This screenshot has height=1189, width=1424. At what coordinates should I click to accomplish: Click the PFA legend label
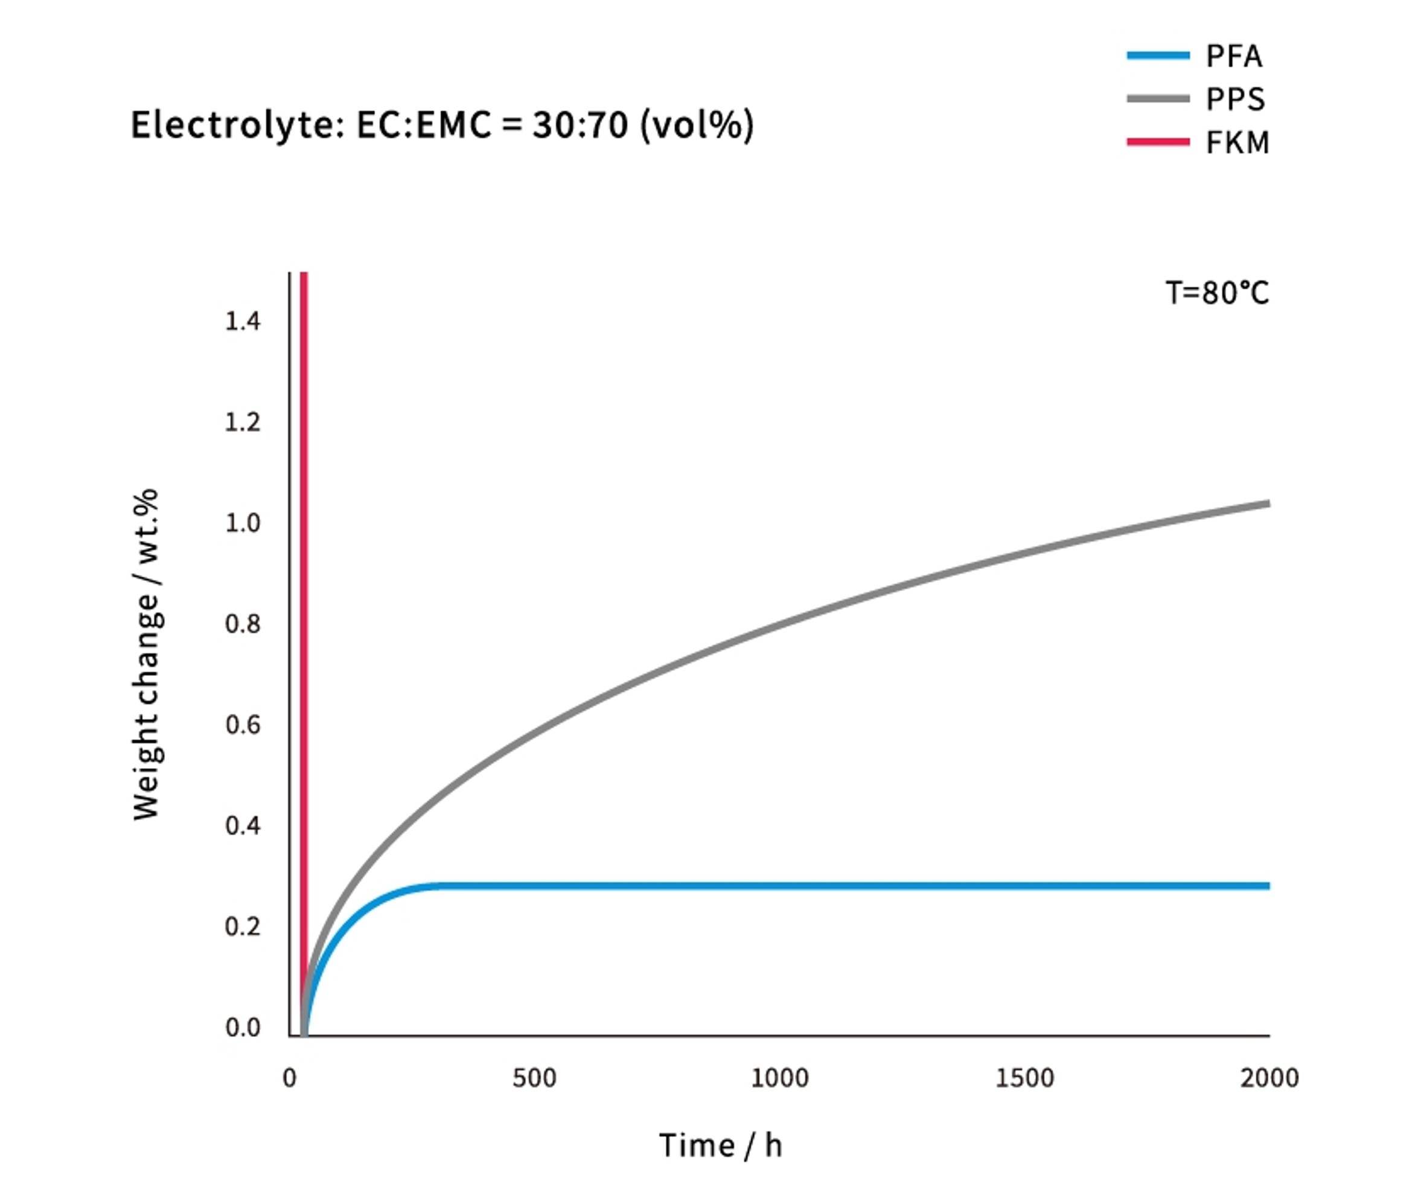click(1233, 56)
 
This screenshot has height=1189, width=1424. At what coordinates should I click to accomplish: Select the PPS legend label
click(1235, 100)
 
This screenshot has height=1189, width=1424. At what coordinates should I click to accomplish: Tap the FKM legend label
click(1237, 143)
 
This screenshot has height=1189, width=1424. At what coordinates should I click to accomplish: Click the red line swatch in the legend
click(1158, 142)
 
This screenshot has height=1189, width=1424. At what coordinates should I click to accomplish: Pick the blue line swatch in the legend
click(1158, 56)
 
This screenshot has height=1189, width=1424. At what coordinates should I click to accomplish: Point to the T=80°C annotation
click(1216, 293)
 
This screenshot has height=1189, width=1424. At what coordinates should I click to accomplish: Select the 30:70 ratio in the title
click(579, 126)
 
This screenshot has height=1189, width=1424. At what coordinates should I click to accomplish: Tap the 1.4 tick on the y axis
click(243, 321)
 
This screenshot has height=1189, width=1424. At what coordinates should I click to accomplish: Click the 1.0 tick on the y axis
click(243, 523)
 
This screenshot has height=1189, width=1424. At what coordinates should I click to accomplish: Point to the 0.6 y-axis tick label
click(243, 725)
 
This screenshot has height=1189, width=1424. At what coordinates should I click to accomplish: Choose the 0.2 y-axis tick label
click(243, 926)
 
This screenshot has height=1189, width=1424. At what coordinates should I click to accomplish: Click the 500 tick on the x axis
click(534, 1078)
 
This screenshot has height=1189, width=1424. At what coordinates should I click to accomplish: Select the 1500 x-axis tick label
click(1024, 1078)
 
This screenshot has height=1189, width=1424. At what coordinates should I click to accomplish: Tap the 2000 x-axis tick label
click(1269, 1078)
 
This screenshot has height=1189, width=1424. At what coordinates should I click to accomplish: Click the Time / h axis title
click(720, 1146)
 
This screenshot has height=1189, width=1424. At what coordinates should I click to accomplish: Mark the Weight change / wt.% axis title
click(146, 655)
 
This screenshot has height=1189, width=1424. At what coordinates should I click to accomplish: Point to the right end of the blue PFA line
click(1266, 886)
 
